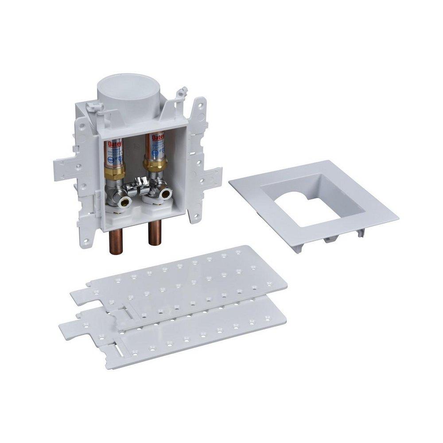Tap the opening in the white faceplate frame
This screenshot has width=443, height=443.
point(310,202)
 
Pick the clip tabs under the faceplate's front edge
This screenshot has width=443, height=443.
point(330,239)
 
